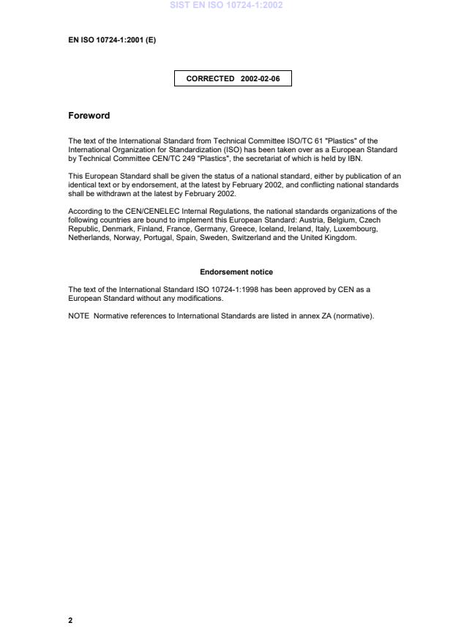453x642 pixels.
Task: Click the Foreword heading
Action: pos(89,116)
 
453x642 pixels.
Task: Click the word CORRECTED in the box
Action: pos(210,78)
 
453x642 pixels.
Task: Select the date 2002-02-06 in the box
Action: pos(260,78)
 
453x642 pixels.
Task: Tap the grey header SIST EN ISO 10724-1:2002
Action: pos(225,5)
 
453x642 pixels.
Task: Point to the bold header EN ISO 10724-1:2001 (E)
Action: pos(112,40)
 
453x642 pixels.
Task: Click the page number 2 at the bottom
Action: pos(70,620)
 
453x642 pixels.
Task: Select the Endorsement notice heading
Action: pos(236,272)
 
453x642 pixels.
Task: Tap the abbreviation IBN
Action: pos(354,159)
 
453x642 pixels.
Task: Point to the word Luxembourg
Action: pos(355,228)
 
